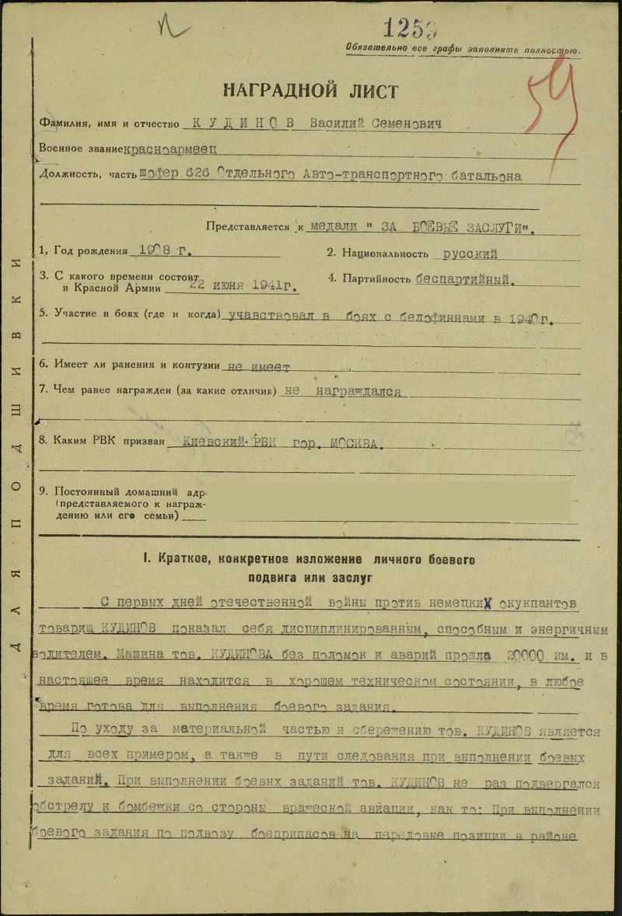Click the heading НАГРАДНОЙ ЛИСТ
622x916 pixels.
coord(311,90)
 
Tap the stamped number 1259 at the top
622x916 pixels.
coord(409,27)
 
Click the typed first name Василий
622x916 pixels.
coord(338,124)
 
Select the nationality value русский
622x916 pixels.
coord(470,253)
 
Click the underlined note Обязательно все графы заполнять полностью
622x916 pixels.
coord(463,48)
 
